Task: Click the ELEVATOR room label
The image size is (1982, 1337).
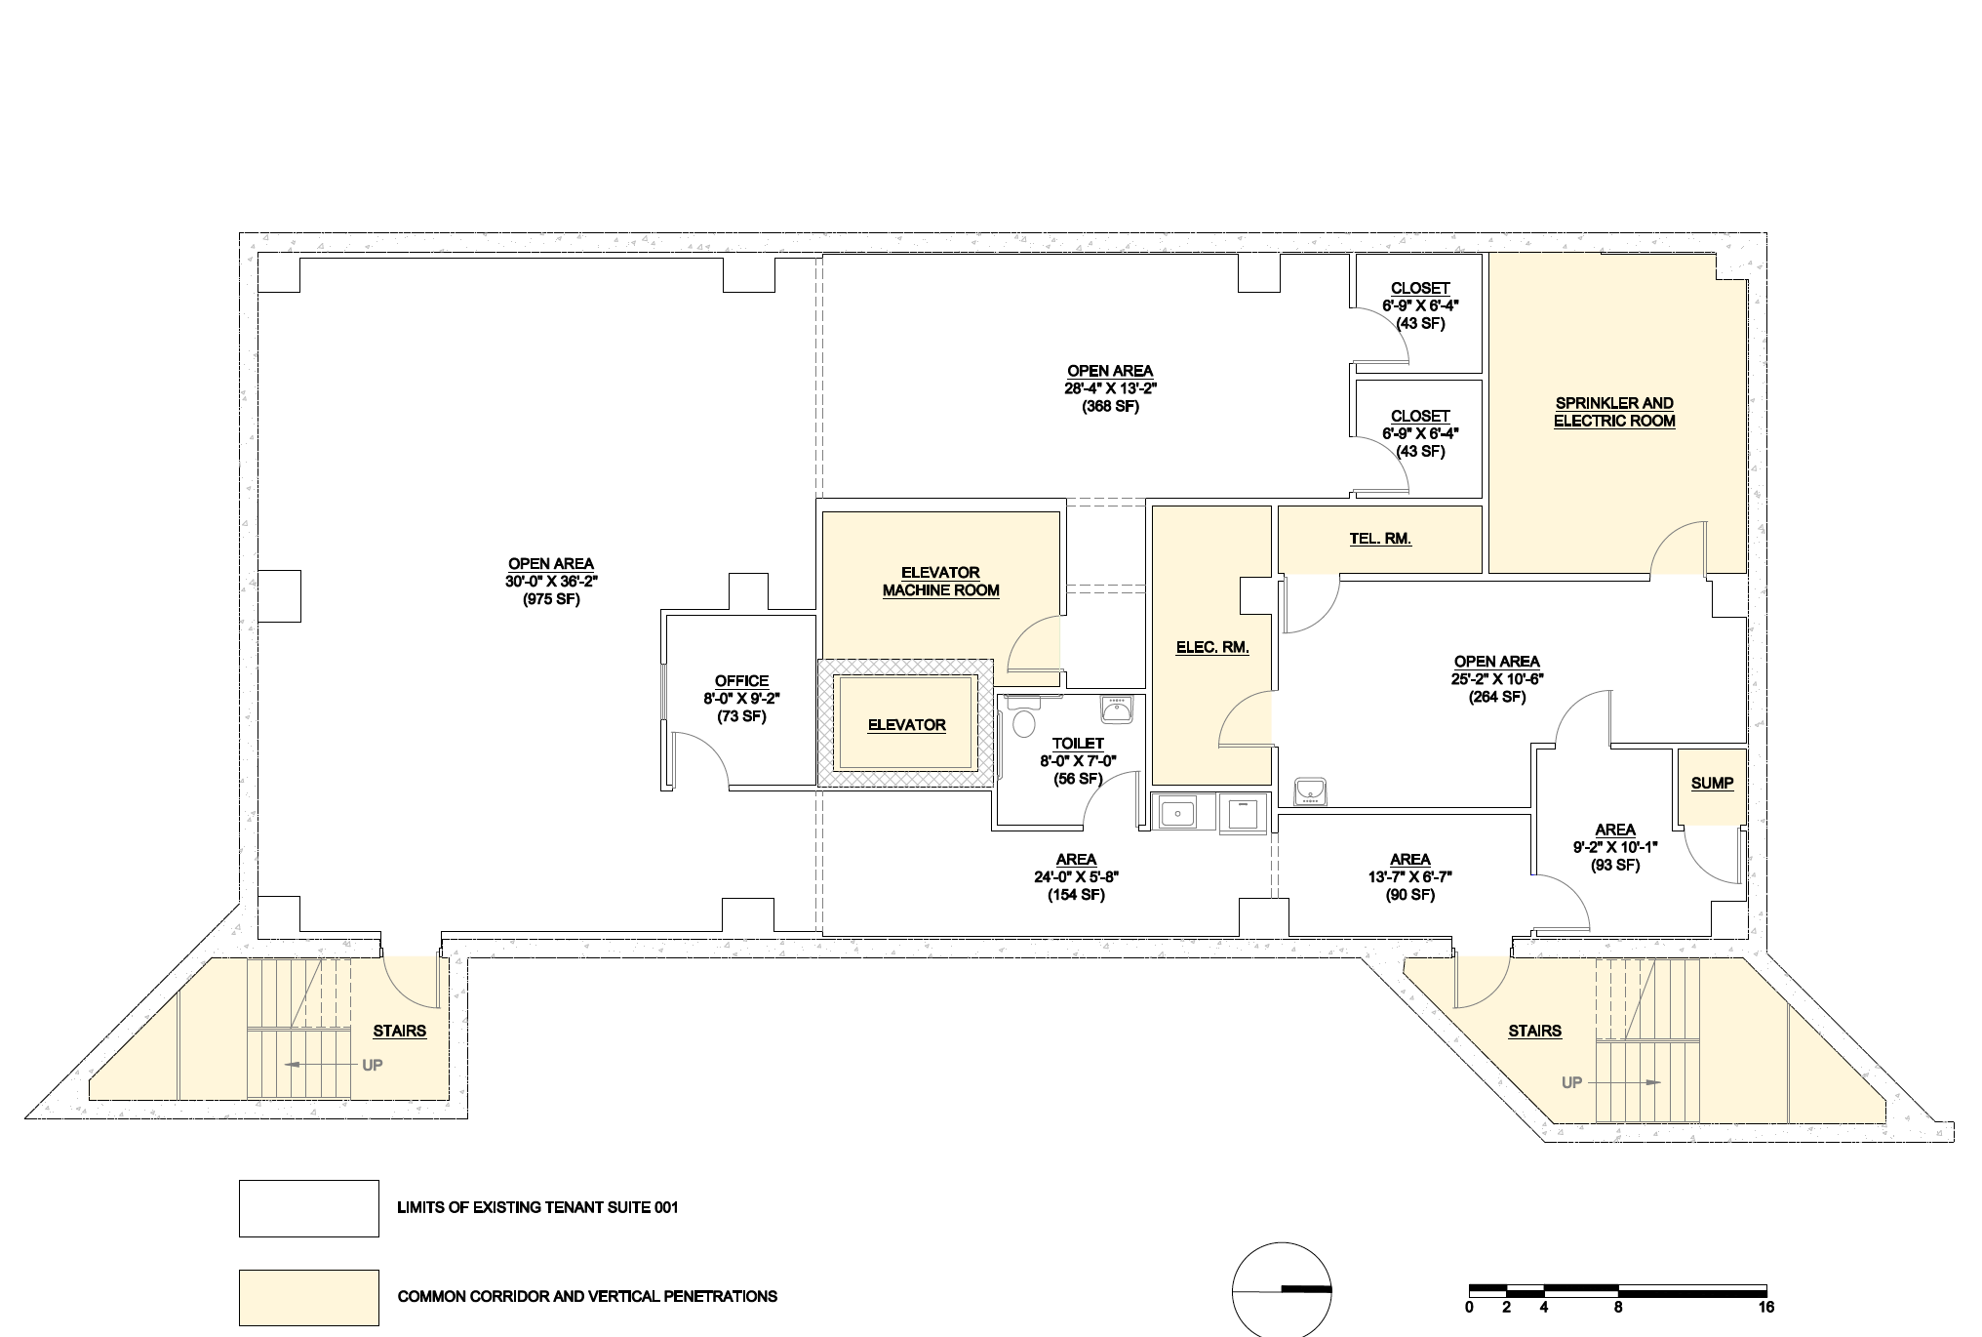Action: coord(906,725)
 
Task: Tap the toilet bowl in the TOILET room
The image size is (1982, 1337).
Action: coord(1023,723)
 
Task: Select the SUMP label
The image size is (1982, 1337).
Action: coord(1712,783)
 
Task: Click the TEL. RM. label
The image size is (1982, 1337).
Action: coord(1380,539)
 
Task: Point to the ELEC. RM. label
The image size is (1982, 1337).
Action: coord(1212,647)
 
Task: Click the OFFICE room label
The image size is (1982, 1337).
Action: coord(741,681)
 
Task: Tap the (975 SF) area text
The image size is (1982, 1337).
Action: coord(551,599)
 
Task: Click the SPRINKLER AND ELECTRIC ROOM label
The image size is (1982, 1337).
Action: coord(1614,412)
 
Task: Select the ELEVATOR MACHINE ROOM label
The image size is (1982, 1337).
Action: coord(940,581)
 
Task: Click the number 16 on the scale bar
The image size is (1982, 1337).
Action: coord(1765,1308)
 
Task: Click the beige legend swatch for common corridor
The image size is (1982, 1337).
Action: coord(309,1297)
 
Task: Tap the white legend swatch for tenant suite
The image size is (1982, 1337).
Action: coord(309,1208)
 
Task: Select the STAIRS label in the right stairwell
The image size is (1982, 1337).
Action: coord(1534,1031)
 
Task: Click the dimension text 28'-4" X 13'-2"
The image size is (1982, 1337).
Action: coord(1110,388)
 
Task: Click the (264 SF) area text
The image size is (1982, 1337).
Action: coord(1496,697)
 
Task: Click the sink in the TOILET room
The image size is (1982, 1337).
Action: coord(1116,709)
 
